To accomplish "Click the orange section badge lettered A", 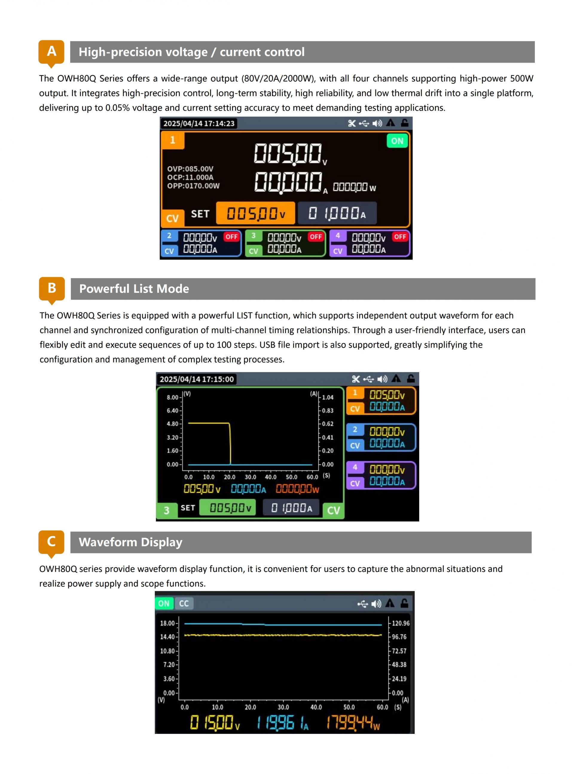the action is [x=51, y=52].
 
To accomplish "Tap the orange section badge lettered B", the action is [x=52, y=289].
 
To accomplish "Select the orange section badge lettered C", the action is [x=51, y=542].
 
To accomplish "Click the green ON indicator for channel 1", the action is [x=397, y=141].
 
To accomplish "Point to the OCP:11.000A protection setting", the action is [x=190, y=177].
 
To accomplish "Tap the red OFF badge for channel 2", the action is [x=231, y=237].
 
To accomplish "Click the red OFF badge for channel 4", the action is [x=400, y=237].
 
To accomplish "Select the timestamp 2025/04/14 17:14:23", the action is [x=199, y=124].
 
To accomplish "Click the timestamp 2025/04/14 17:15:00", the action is [x=197, y=379].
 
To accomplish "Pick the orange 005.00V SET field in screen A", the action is [x=256, y=213].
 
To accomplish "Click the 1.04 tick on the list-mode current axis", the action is [x=328, y=397].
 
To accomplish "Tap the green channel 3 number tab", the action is [x=167, y=510].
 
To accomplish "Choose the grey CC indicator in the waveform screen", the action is [x=184, y=603].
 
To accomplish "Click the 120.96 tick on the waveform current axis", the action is [x=401, y=623].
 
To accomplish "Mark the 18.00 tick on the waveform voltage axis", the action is [x=167, y=623].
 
